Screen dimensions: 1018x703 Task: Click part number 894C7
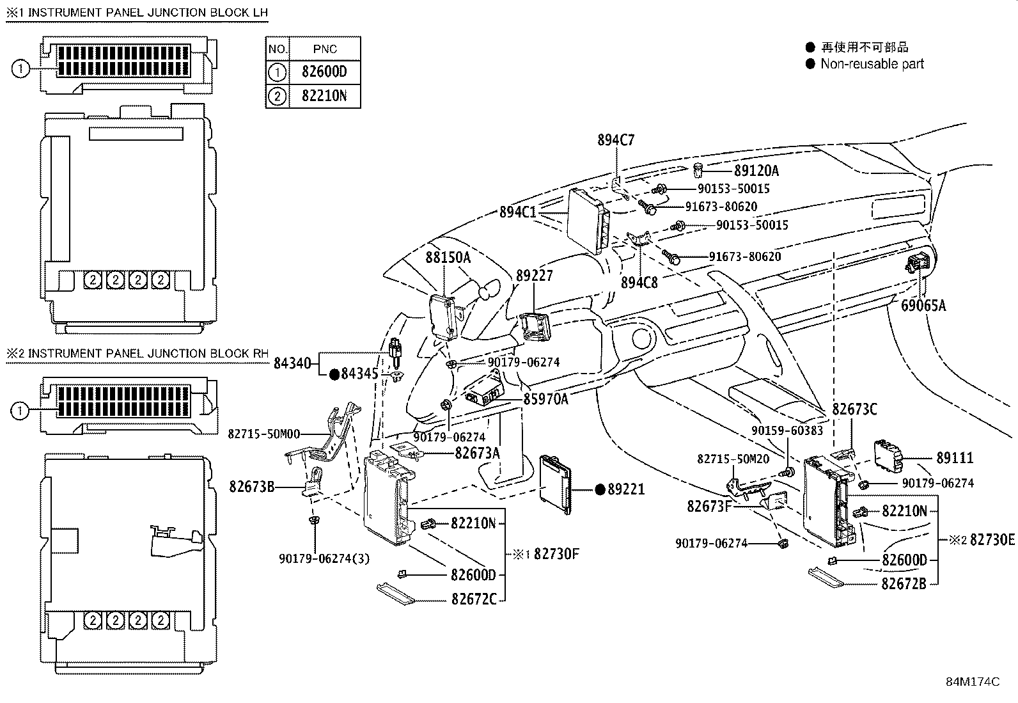pos(616,140)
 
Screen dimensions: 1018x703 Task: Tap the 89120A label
pos(756,171)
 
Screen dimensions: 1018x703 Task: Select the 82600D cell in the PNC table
pos(324,72)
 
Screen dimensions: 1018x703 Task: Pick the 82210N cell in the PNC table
pos(324,96)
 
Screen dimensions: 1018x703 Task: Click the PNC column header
pos(325,49)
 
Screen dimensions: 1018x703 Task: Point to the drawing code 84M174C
pos(973,682)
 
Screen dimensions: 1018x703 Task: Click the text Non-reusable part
pos(872,64)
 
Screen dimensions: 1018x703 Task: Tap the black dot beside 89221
pos(600,489)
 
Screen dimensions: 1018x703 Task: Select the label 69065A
pos(923,306)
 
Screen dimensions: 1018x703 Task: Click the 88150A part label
pos(448,258)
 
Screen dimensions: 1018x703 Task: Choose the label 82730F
pos(556,554)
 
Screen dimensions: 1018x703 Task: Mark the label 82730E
pos(992,540)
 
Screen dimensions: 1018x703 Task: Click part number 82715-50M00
pos(264,434)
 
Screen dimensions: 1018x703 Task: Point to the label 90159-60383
pos(787,430)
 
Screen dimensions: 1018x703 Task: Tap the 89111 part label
pos(955,458)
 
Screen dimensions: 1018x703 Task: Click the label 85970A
pos(546,399)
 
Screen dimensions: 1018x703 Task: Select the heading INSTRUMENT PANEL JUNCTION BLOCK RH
pos(148,353)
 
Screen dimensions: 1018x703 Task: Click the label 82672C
pos(474,599)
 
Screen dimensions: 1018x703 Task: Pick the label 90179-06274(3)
pos(324,559)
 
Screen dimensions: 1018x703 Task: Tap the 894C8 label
pos(639,283)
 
